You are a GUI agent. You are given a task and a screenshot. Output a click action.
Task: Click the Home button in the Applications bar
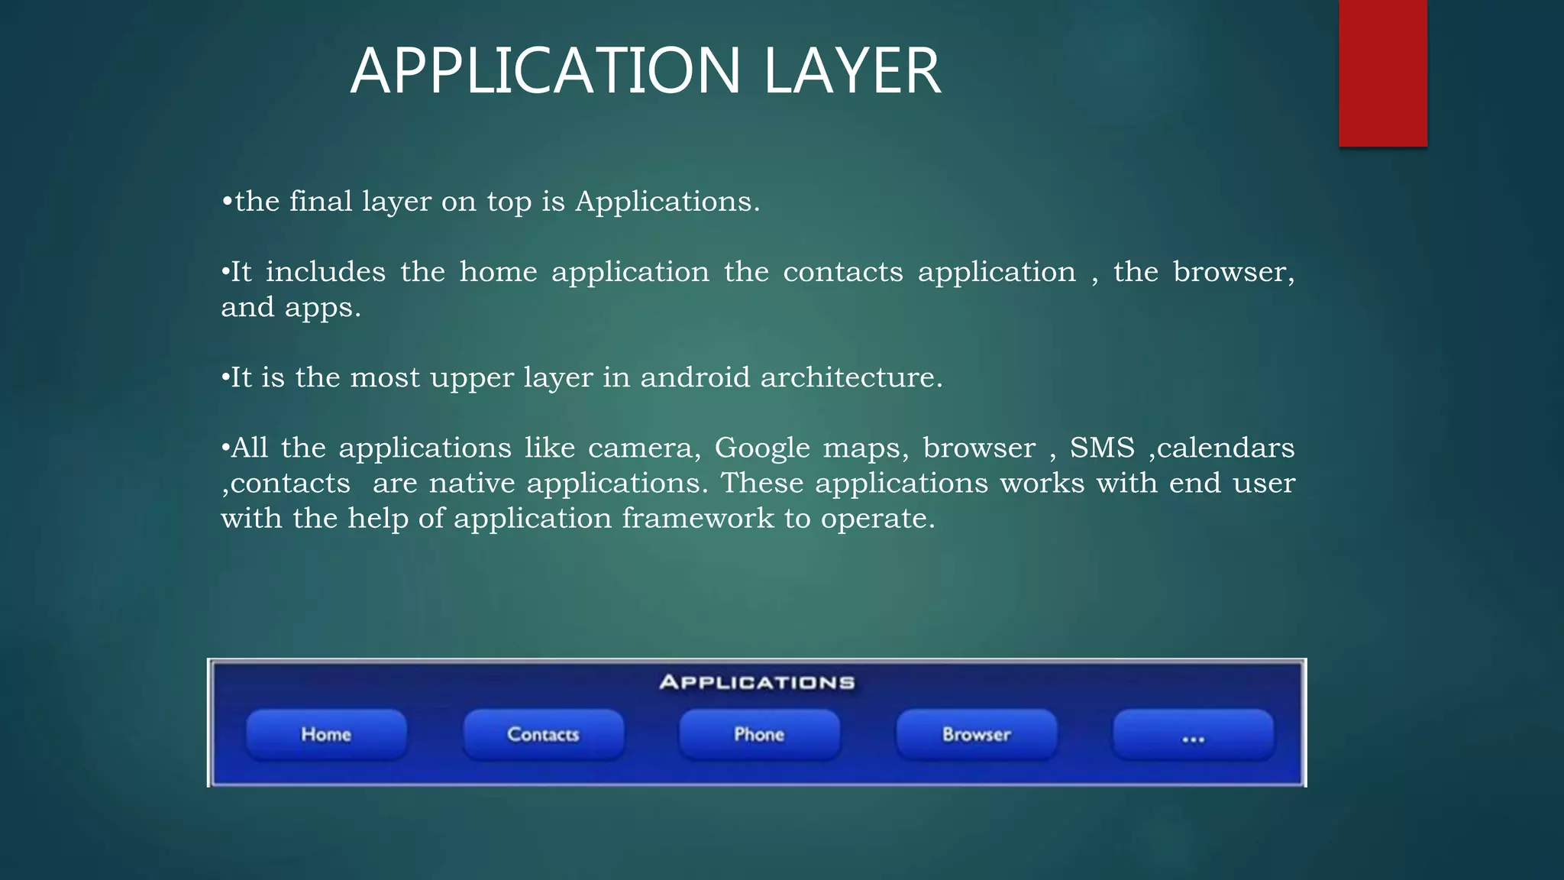pos(326,734)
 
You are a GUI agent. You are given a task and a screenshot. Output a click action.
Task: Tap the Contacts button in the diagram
pos(543,734)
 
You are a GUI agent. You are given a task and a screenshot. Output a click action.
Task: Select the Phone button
pos(759,734)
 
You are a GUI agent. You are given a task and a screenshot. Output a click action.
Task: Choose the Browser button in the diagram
pos(976,734)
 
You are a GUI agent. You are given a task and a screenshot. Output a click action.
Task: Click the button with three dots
pos(1193,736)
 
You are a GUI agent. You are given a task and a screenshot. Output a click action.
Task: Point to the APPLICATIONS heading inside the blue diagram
pos(757,682)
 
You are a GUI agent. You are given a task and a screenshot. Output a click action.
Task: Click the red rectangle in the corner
pos(1382,73)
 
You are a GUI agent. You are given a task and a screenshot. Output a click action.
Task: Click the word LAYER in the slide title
pos(852,71)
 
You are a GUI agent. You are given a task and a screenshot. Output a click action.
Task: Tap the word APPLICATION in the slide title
pos(545,71)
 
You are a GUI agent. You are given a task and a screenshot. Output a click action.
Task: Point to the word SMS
pos(1102,448)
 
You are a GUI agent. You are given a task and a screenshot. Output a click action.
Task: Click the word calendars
pos(1226,448)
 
